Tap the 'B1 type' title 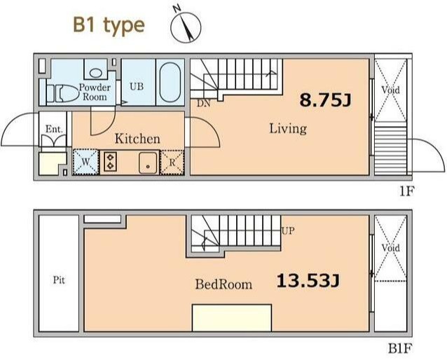[x=109, y=26]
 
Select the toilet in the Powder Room [x=62, y=93]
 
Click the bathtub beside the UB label [x=170, y=82]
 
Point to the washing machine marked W [x=85, y=162]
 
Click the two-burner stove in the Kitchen [x=110, y=162]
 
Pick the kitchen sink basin [x=148, y=162]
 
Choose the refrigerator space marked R [x=172, y=162]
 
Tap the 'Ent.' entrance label [x=54, y=129]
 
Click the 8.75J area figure [x=325, y=100]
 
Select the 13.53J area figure [x=308, y=280]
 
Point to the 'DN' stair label [x=204, y=104]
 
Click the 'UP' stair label [x=288, y=230]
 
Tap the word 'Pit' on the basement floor [x=59, y=280]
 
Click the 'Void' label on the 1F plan [x=390, y=90]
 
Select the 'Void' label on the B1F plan [x=390, y=248]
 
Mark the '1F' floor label [x=406, y=191]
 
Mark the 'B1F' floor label [x=400, y=348]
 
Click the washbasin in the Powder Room [x=96, y=73]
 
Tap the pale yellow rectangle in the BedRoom [x=232, y=318]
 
